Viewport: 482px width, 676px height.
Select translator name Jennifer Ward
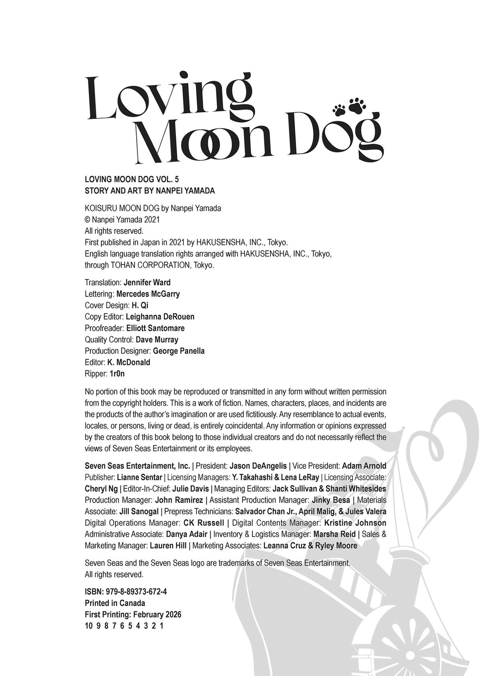[x=147, y=282]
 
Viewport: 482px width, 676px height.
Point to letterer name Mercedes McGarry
[x=148, y=294]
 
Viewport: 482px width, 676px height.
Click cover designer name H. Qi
[x=140, y=305]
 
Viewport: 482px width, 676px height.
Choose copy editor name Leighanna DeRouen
[x=160, y=317]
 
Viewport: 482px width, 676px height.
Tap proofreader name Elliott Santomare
[x=155, y=328]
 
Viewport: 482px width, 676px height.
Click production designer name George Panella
[x=179, y=351]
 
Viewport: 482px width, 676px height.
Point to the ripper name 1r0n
[x=117, y=374]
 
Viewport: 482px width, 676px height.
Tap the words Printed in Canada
[x=115, y=603]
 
